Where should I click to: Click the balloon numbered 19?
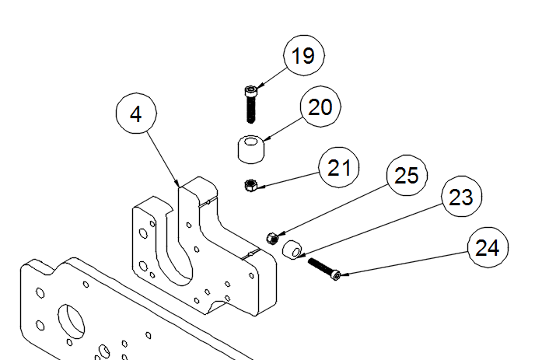[x=303, y=56]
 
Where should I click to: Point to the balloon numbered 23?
[x=461, y=197]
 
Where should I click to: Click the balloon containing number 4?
[x=136, y=115]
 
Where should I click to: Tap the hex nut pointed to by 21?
[x=251, y=185]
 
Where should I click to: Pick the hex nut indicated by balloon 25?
[x=272, y=238]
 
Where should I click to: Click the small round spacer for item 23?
[x=292, y=250]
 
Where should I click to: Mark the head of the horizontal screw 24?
[x=335, y=275]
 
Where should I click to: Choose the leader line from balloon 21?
[x=292, y=177]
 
